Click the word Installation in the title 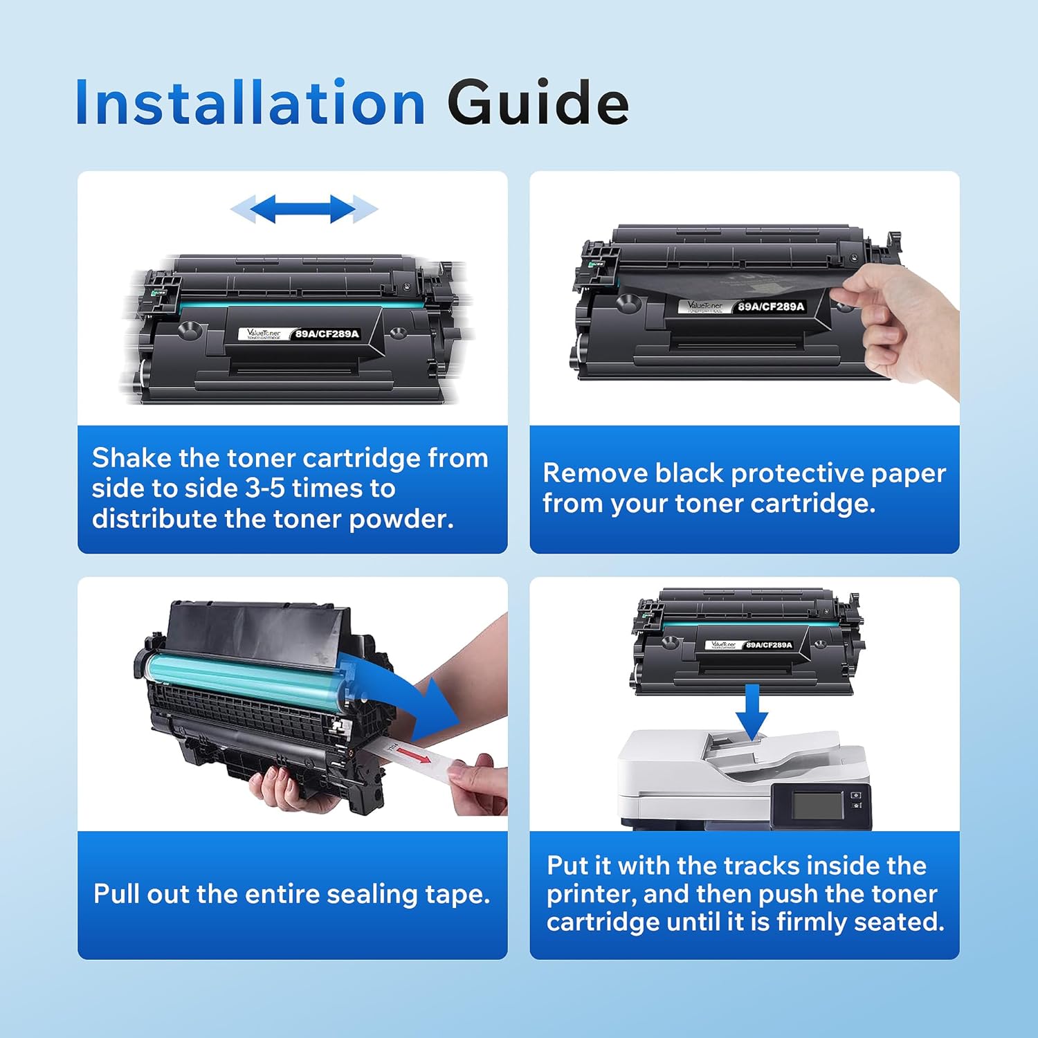[x=250, y=104]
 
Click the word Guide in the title [x=538, y=104]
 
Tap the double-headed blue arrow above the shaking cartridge [x=304, y=208]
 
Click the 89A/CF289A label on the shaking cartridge [x=327, y=334]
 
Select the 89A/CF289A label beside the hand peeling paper [x=770, y=307]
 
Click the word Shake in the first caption [x=131, y=458]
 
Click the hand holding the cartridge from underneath [x=284, y=789]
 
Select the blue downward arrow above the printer [x=752, y=713]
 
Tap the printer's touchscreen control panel [x=818, y=805]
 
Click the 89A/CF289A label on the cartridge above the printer [x=768, y=645]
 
